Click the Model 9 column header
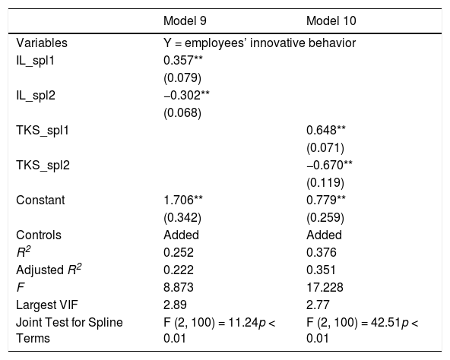185,21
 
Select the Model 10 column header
331,21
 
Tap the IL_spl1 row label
35,61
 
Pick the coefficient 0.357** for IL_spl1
183,60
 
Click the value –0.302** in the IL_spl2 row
186,95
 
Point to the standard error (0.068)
182,112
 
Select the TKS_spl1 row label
43,131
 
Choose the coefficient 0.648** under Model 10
326,130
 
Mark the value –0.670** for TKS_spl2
329,166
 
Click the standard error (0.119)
325,183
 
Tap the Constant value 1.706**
183,201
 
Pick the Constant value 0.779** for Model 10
326,201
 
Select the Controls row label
39,235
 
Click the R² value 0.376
322,253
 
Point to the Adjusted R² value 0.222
179,270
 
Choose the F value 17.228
325,288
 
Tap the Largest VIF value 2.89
175,305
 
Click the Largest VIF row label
47,305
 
